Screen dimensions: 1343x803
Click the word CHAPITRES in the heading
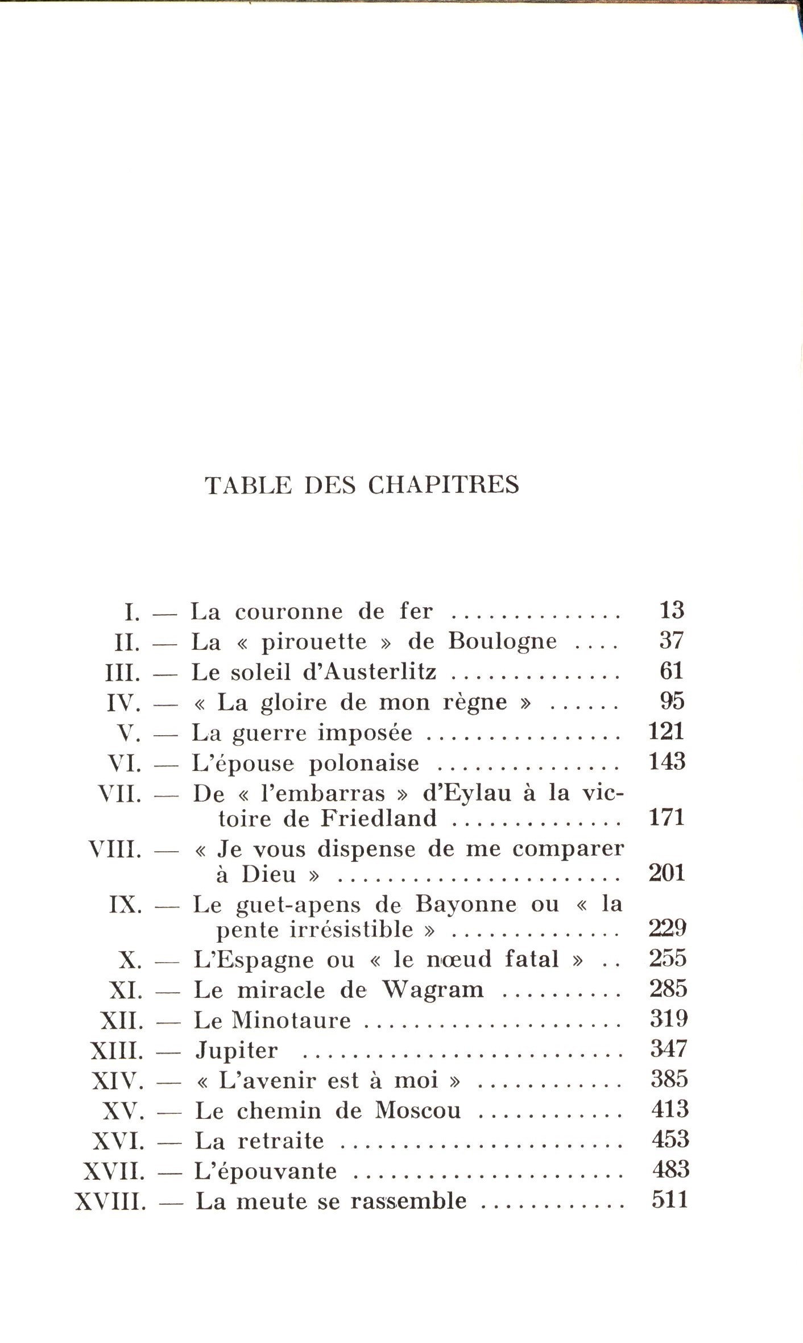(x=443, y=485)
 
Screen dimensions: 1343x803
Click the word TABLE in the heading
(x=248, y=485)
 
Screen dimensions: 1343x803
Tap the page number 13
(x=671, y=610)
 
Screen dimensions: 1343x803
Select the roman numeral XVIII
(x=110, y=1201)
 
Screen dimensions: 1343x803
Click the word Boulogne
(x=503, y=641)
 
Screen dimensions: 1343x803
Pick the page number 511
(x=670, y=1200)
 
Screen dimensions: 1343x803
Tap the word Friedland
(x=379, y=818)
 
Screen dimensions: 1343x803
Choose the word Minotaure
(x=291, y=1021)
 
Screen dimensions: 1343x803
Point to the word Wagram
(x=432, y=990)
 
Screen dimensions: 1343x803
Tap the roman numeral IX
(x=125, y=905)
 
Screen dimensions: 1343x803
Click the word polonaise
(x=364, y=763)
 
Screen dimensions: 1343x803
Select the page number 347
(x=669, y=1049)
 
